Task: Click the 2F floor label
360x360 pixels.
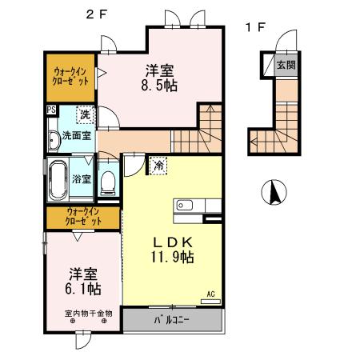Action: (x=97, y=13)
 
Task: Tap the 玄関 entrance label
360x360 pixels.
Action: (x=285, y=65)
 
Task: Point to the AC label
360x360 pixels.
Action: (x=211, y=294)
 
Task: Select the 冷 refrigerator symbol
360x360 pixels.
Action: (x=158, y=166)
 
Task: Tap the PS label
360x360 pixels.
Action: (x=51, y=110)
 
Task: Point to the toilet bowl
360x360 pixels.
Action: (x=109, y=182)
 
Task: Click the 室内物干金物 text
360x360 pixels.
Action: (x=88, y=314)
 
